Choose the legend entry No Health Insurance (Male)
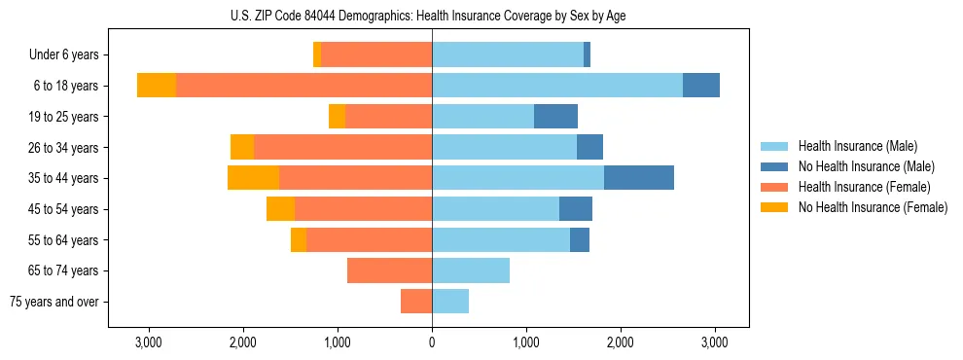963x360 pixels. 866,166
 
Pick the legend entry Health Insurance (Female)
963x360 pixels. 864,187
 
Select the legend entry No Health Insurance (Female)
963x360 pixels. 873,207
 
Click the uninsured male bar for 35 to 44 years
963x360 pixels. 639,178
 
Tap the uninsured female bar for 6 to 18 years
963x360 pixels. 157,86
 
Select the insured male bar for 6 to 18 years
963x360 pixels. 557,86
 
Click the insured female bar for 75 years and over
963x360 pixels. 416,302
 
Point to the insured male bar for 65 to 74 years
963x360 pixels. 471,270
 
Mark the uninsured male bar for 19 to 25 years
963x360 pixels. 555,117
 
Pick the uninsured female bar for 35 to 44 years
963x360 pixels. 253,178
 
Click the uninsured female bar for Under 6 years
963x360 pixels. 317,55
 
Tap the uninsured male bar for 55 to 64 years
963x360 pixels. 580,239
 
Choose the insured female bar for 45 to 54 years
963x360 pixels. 363,209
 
